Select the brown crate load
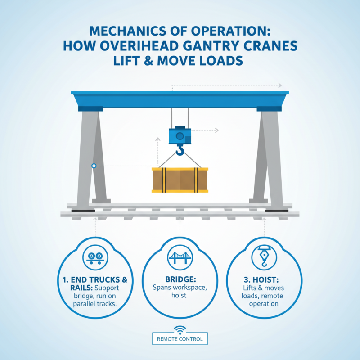pyautogui.click(x=180, y=180)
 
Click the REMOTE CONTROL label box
pyautogui.click(x=180, y=339)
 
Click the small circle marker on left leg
pyautogui.click(x=94, y=166)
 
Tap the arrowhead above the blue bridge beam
pyautogui.click(x=279, y=85)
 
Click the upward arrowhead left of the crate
pyautogui.click(x=157, y=140)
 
